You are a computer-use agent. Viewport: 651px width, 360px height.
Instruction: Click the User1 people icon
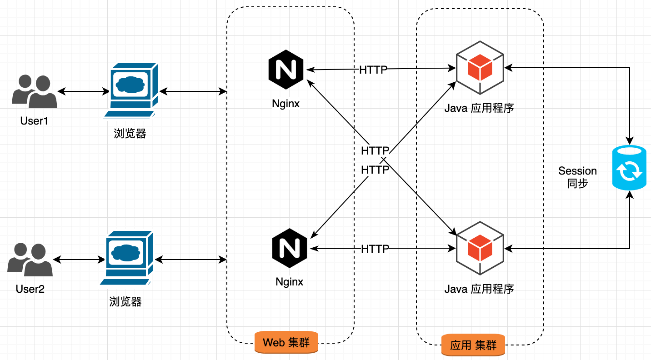coord(35,91)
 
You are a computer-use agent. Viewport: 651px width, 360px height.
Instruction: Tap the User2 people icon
coord(30,260)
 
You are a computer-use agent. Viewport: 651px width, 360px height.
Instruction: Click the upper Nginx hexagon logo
coord(285,70)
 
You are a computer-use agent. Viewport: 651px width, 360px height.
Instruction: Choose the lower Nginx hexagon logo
coord(290,249)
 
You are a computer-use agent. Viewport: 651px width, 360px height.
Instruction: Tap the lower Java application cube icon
coord(480,248)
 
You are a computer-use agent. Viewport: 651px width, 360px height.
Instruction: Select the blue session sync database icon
coord(629,168)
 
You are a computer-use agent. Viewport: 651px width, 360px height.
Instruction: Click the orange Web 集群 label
coord(286,342)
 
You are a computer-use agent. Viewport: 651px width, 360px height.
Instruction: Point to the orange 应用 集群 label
coord(473,345)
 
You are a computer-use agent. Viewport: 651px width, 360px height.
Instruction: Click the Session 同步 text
coord(577,177)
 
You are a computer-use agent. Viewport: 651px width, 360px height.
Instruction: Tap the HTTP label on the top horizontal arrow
coord(373,70)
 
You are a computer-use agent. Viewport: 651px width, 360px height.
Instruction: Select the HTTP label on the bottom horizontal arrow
coord(375,249)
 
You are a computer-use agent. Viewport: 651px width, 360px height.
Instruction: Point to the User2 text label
coord(30,289)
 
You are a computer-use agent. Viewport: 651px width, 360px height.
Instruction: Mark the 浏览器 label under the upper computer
coord(130,134)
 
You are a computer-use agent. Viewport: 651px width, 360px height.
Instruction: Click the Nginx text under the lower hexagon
coord(289,282)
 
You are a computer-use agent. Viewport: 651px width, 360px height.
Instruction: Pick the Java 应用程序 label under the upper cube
coord(479,109)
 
